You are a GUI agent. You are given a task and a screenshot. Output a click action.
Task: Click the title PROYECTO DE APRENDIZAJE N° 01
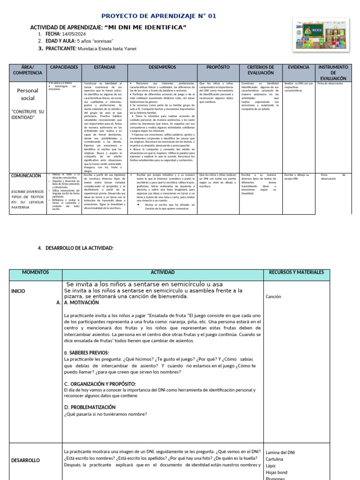(159, 16)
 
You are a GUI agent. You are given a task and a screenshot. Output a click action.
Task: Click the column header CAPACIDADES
(64, 67)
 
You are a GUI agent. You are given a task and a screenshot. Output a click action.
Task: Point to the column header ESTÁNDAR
(104, 67)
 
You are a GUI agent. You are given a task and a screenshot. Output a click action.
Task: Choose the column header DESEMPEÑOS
(162, 67)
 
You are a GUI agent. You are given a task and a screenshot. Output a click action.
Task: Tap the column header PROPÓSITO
(218, 67)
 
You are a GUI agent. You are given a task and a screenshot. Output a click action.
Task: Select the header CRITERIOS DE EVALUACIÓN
(260, 70)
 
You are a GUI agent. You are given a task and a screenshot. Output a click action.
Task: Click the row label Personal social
(27, 94)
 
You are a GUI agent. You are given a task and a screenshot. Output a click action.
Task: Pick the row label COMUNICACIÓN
(27, 176)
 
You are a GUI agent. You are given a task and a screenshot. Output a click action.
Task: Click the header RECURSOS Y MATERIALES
(294, 272)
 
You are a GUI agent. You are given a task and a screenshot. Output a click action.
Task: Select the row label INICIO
(18, 291)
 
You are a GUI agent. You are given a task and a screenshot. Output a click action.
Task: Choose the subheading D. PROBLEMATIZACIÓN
(90, 407)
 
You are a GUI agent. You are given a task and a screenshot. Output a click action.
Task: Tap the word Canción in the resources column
(274, 297)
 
